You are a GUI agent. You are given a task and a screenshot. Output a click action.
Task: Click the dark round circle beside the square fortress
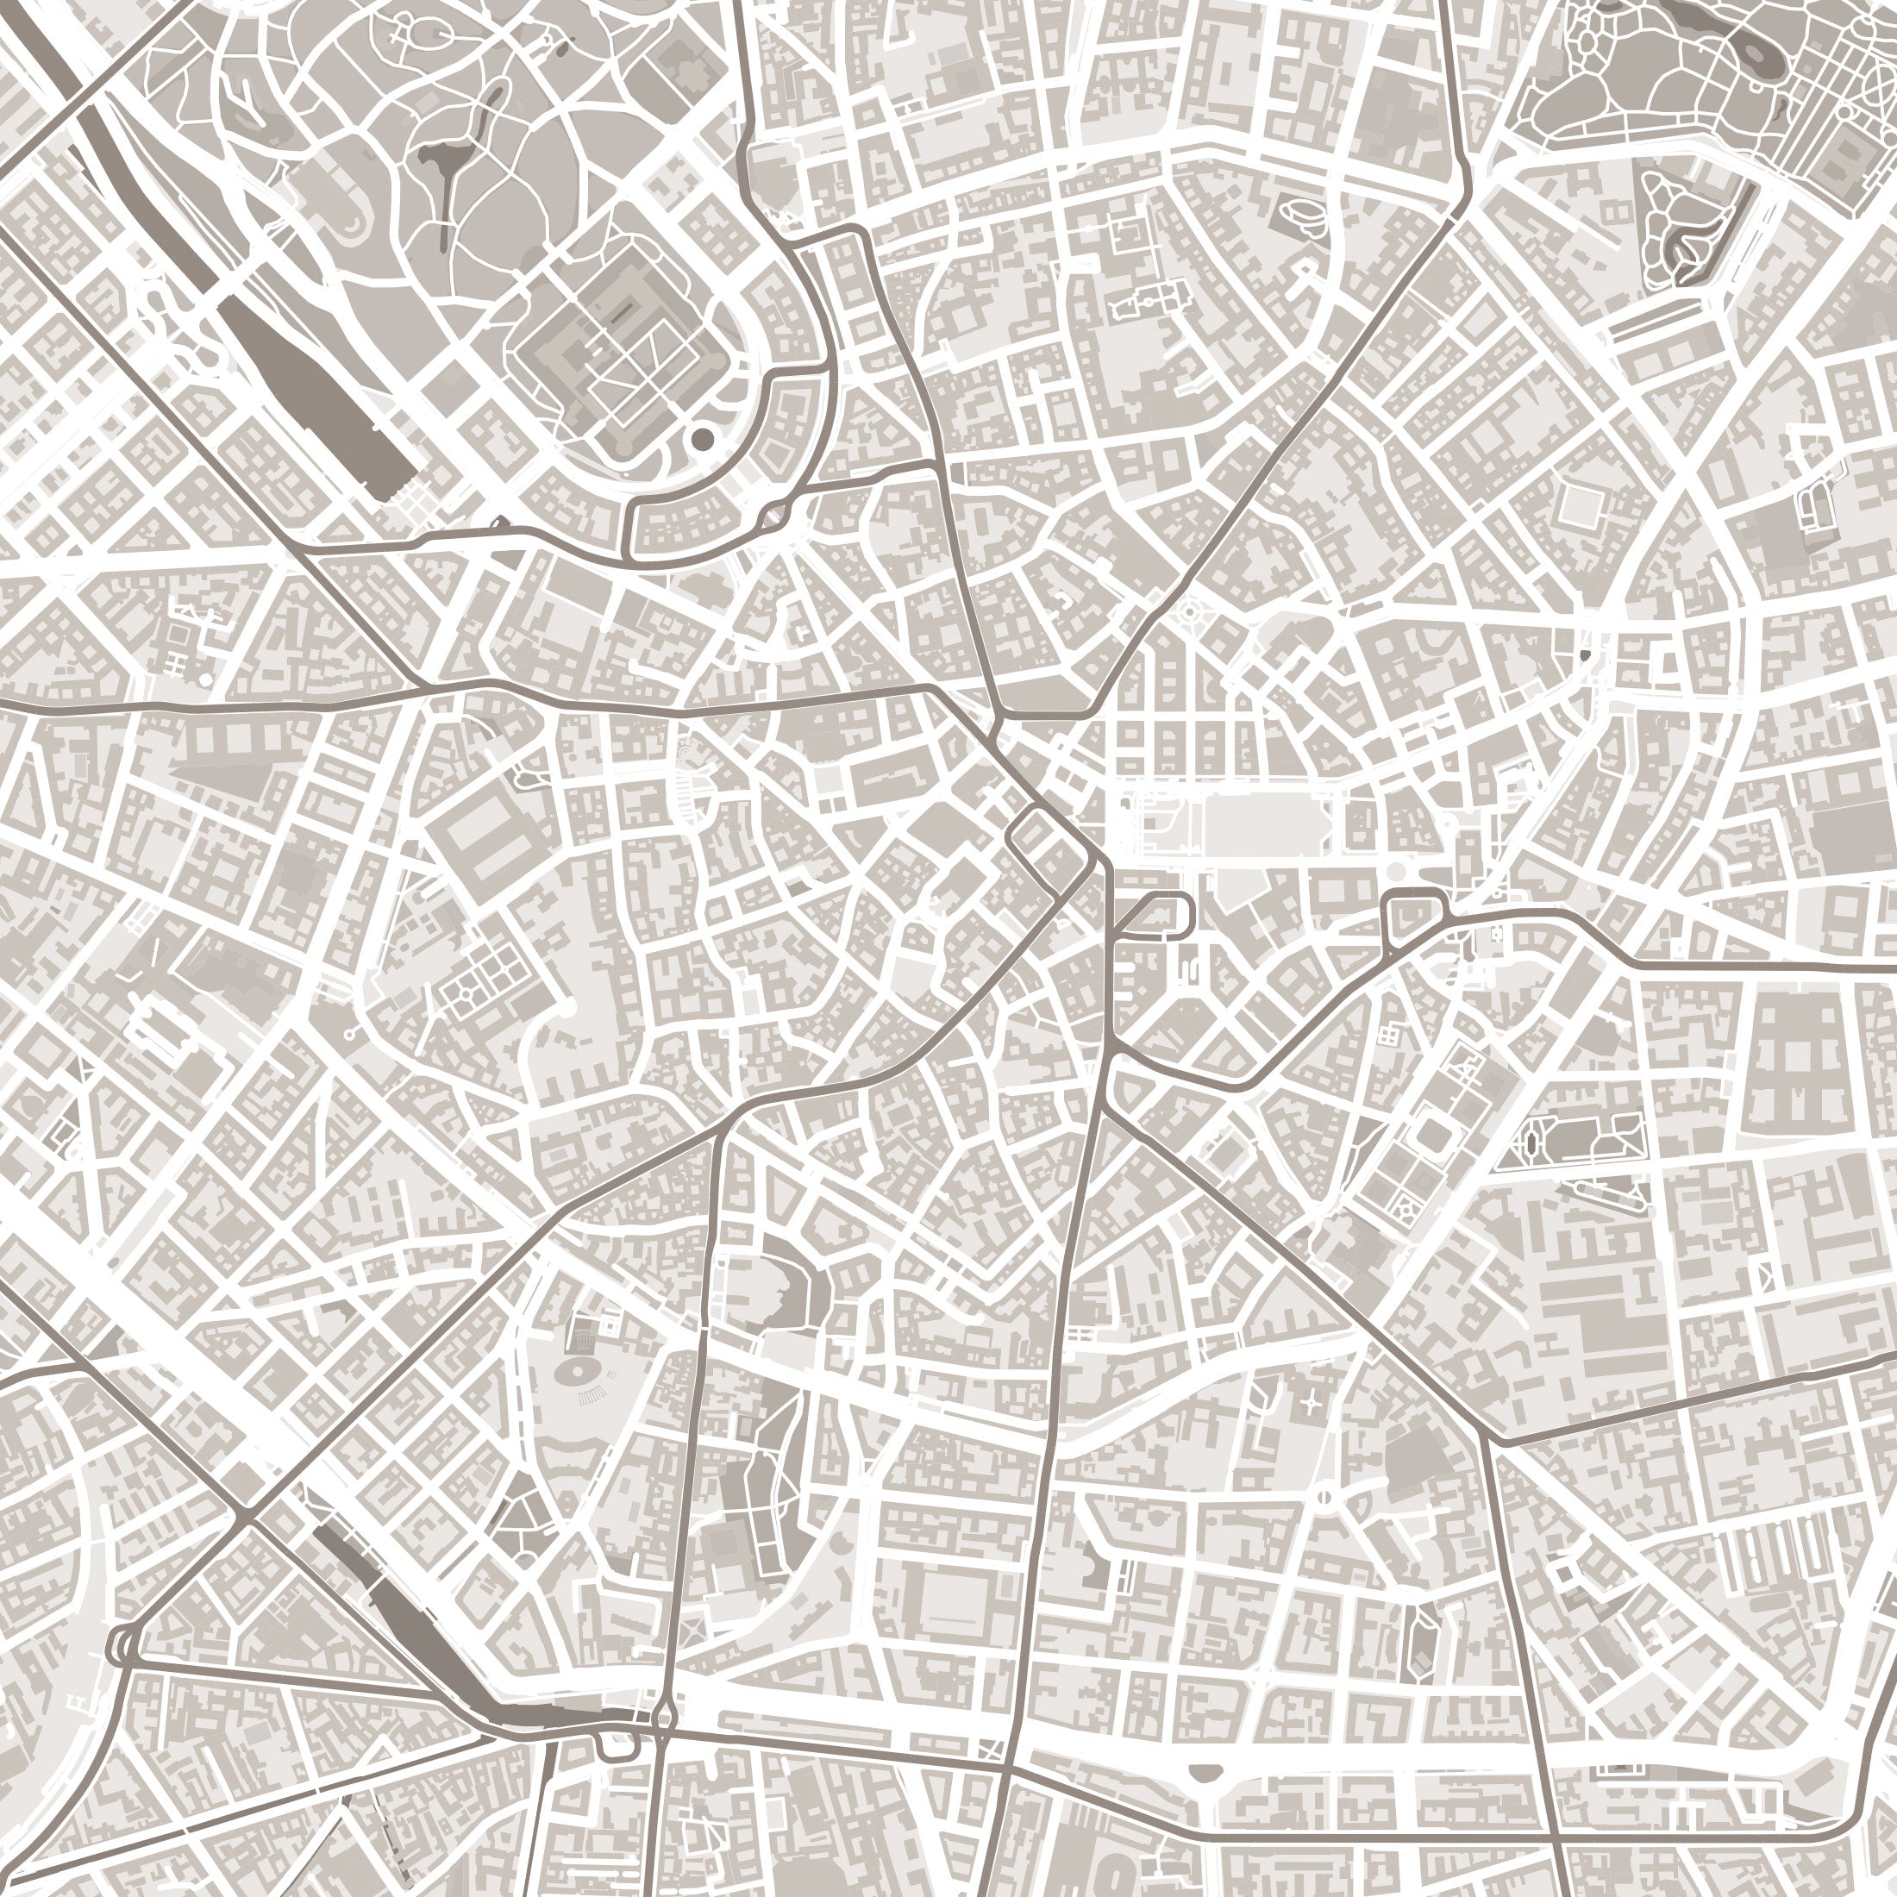702,438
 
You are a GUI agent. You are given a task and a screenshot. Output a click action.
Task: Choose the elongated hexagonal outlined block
1421,1640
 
